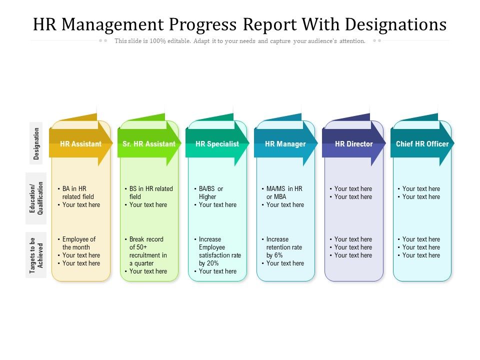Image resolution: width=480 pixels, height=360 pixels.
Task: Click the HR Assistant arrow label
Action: [80, 144]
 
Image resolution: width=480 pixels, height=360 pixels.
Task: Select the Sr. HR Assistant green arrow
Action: [148, 144]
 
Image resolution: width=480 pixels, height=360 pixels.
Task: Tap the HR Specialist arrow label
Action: [217, 144]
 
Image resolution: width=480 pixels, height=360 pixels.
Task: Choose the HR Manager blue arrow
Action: [285, 144]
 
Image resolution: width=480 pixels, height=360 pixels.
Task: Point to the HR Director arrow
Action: [353, 144]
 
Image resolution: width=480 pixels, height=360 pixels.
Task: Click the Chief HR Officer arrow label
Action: [422, 144]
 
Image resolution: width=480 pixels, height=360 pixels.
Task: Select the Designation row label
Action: [36, 143]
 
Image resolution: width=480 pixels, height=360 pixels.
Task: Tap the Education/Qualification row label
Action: [36, 198]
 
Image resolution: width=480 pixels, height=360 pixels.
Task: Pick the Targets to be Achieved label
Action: [36, 255]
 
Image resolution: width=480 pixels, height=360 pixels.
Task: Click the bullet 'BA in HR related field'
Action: [78, 192]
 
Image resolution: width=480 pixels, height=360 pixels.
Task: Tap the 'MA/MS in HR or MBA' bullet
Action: [284, 192]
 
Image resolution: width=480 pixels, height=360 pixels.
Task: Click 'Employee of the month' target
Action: [78, 243]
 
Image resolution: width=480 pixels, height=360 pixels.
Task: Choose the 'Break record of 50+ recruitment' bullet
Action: [147, 251]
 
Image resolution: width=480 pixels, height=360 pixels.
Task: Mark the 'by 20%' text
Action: [208, 263]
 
